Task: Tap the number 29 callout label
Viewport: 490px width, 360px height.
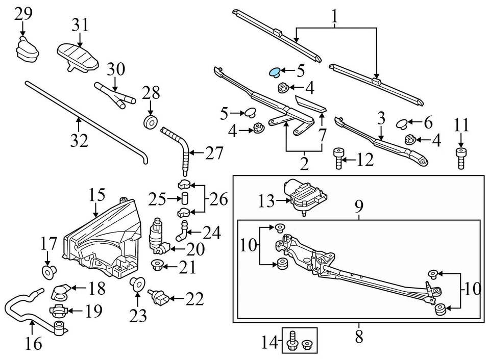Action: click(x=23, y=14)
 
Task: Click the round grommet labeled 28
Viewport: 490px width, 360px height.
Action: click(x=151, y=123)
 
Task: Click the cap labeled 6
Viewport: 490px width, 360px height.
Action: click(x=403, y=122)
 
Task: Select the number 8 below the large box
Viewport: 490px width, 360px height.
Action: click(x=358, y=337)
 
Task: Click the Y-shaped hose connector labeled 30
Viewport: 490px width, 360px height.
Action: click(x=115, y=95)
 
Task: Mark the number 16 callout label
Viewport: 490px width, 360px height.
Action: click(x=33, y=345)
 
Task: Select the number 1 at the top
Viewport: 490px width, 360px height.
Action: click(x=334, y=17)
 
